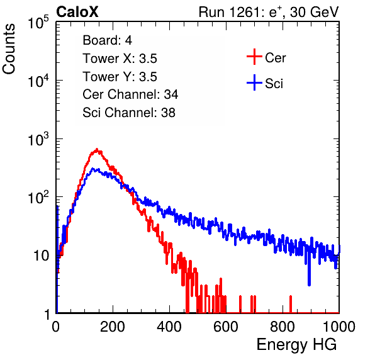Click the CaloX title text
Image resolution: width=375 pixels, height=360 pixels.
(77, 12)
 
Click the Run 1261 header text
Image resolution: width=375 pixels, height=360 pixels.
(269, 12)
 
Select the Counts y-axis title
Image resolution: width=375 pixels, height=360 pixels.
(9, 49)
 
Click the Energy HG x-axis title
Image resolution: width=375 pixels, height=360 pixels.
(296, 344)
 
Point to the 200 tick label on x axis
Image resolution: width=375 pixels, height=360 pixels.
(113, 327)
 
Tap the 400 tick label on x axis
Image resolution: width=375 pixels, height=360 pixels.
(169, 327)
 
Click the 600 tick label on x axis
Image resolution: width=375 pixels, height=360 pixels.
(226, 327)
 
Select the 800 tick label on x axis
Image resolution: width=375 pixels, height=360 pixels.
(283, 327)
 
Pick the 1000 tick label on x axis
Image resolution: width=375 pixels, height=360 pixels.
(339, 327)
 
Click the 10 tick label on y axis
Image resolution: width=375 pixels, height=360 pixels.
(41, 256)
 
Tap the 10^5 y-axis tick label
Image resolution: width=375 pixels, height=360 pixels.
(38, 22)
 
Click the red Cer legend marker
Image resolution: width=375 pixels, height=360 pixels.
(254, 57)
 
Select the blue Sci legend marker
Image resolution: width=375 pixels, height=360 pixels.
(254, 82)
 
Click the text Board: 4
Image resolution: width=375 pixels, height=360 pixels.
(108, 40)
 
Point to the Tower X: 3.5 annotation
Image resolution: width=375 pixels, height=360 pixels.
(120, 59)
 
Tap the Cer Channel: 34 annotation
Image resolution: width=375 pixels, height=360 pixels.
(130, 94)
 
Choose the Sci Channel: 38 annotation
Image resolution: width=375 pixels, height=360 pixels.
(129, 113)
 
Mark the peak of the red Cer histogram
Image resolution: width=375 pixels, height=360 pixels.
(97, 149)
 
